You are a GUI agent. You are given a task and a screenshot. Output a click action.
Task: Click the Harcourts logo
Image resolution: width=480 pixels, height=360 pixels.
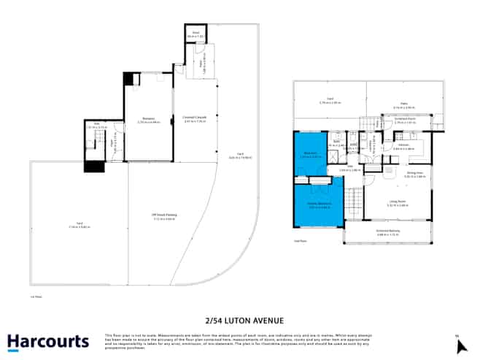click(x=47, y=342)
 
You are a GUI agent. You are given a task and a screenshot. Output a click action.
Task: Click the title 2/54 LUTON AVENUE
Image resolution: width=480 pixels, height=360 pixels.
click(x=240, y=320)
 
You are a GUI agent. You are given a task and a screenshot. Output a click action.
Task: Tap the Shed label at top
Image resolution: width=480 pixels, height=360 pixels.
click(x=196, y=34)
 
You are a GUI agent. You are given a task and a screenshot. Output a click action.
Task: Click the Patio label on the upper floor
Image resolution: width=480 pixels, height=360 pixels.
click(x=404, y=105)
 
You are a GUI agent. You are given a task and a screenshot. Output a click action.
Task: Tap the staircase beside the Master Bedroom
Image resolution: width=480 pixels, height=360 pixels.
click(x=354, y=199)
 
